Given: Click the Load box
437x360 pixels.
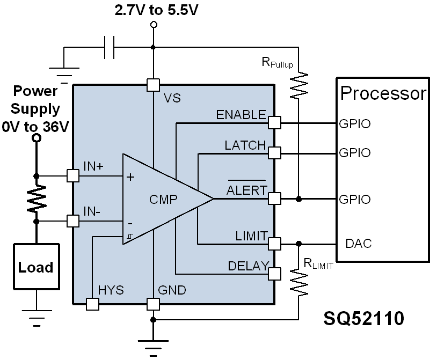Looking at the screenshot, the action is [37, 267].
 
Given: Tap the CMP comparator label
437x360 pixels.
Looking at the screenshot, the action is [163, 200].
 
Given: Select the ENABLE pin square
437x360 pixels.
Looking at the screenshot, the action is [274, 122].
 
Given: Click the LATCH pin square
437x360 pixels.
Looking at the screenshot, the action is [274, 153].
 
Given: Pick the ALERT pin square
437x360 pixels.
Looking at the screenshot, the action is [274, 199].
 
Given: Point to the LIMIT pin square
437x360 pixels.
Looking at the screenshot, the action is [274, 244].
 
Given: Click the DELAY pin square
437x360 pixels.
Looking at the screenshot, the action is [274, 274].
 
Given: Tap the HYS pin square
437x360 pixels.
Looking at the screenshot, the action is [92, 304].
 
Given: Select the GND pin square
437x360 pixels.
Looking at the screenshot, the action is [153, 304].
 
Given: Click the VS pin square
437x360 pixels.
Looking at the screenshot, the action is [153, 85].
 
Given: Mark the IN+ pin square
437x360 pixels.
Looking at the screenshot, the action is [73, 176].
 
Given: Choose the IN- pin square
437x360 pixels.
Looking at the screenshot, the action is [73, 222].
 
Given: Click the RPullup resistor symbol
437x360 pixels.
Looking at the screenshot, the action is [299, 85].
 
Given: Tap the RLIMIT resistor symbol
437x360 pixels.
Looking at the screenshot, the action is [299, 282].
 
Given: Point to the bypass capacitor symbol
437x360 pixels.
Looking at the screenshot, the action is [110, 47].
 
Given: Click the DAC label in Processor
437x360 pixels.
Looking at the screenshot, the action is [359, 244].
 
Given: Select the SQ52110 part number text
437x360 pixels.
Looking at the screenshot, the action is [363, 318].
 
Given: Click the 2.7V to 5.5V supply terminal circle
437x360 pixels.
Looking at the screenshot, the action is [154, 25].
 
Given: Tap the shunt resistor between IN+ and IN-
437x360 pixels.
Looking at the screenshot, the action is [36, 198].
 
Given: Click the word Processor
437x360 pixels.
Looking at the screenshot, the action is [383, 93].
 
